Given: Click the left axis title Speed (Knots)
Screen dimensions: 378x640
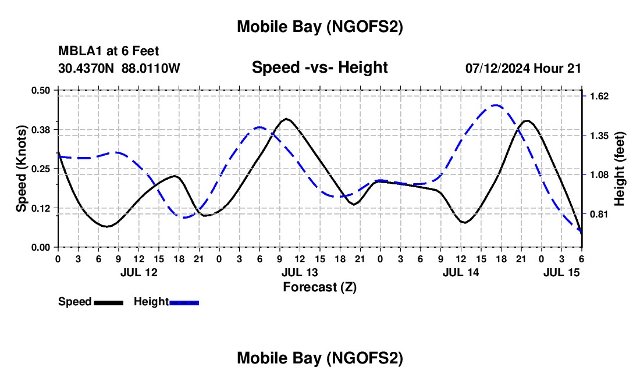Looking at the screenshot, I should coord(21,169).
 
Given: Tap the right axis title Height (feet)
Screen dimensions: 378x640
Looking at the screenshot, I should coord(620,169).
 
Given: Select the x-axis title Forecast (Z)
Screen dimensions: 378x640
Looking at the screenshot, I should coord(319,287).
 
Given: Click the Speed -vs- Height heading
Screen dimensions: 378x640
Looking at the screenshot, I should coord(319,67).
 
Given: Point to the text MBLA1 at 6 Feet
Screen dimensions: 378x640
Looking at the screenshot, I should coord(109,52).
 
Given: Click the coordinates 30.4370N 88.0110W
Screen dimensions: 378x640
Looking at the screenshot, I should coord(119,68).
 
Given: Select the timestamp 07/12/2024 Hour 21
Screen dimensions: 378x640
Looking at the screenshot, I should coord(523,68).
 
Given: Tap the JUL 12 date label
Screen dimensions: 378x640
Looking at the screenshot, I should coord(138,272).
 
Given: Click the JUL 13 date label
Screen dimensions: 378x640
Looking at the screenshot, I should coord(300,272).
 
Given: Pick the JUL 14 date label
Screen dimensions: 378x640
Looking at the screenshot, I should coord(461,272).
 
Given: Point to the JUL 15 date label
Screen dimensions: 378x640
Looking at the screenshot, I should coord(561,272).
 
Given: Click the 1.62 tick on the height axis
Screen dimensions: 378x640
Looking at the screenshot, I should coord(598,96).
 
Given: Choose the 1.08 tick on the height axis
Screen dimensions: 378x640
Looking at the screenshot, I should coord(598,174).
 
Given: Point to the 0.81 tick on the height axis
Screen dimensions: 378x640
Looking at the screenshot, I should coord(598,214).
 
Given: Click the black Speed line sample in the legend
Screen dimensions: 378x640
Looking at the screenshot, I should coord(108,302).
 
